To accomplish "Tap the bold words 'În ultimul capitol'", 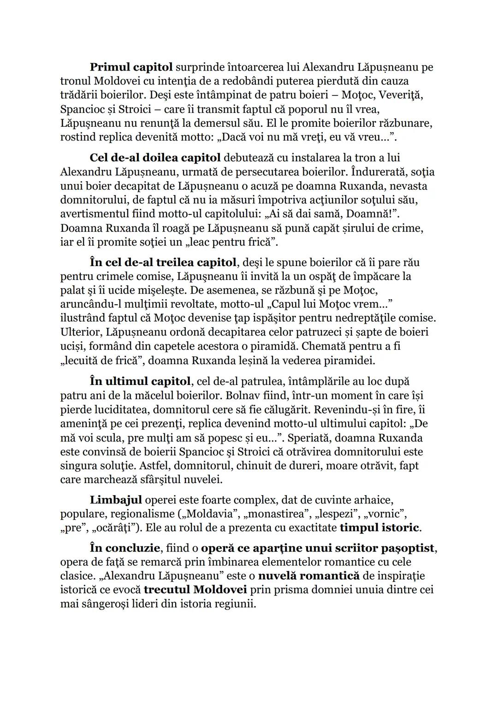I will click(140, 382).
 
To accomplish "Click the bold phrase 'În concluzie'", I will click(125, 548).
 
